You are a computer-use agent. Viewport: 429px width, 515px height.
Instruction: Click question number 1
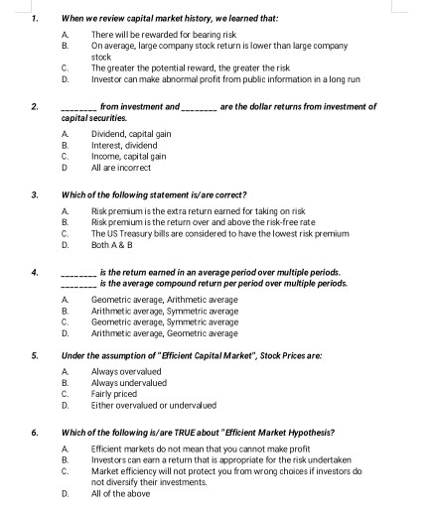35,18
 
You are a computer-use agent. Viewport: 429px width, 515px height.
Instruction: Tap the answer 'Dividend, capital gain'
132,132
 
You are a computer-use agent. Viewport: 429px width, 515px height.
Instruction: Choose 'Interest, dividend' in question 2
124,145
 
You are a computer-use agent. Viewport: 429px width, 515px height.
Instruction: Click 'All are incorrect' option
120,168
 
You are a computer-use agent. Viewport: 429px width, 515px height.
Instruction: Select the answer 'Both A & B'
112,241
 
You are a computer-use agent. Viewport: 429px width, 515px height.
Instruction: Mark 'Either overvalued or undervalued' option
153,406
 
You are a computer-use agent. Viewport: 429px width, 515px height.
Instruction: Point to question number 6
35,433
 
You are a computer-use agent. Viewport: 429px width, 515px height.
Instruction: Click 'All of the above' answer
119,493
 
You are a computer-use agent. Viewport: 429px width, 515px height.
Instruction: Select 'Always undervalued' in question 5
129,382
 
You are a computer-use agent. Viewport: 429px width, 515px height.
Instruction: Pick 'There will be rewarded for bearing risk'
164,35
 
